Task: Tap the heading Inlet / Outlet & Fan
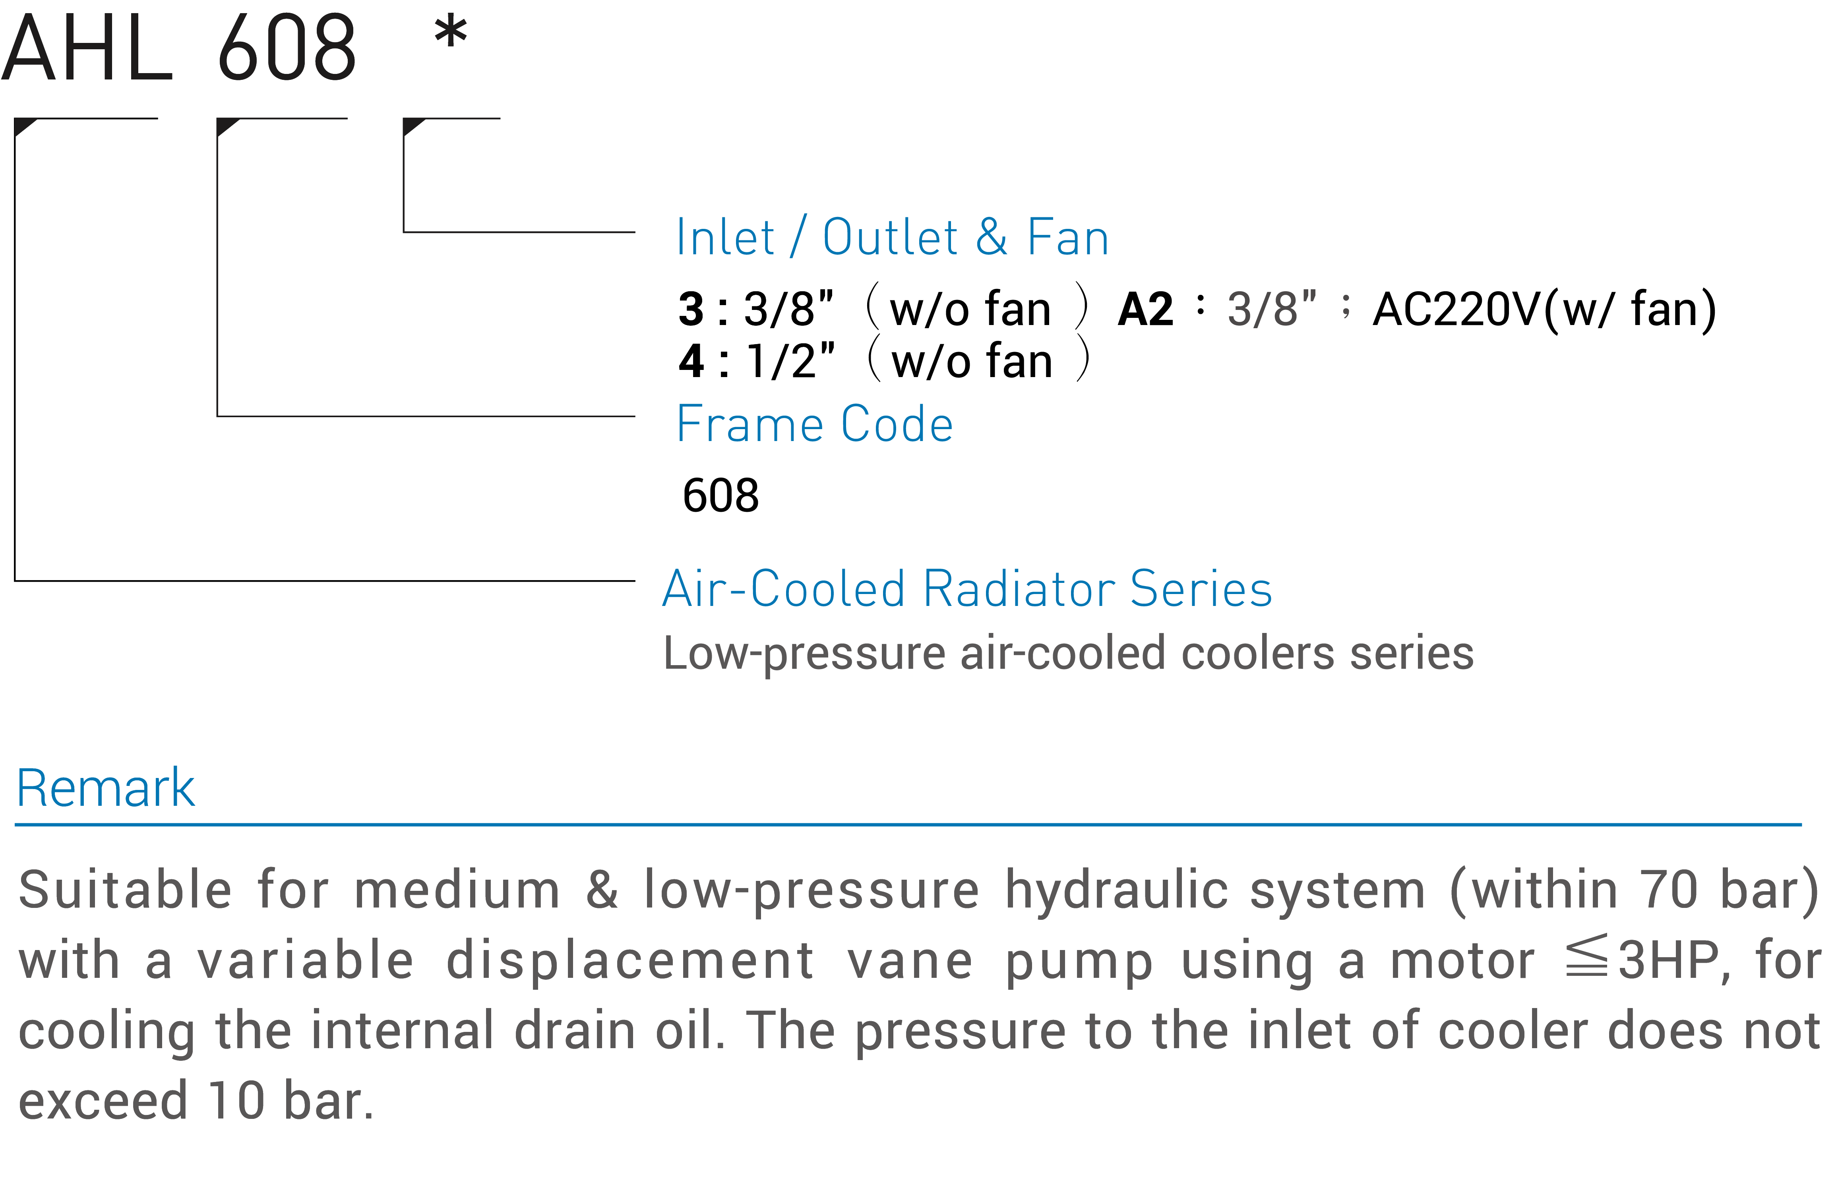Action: tap(892, 237)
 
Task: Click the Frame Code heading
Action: tap(815, 424)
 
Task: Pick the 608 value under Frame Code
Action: tap(720, 495)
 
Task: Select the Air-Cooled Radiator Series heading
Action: tap(967, 589)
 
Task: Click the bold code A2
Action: tap(1145, 310)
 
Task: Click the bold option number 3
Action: tap(691, 310)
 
